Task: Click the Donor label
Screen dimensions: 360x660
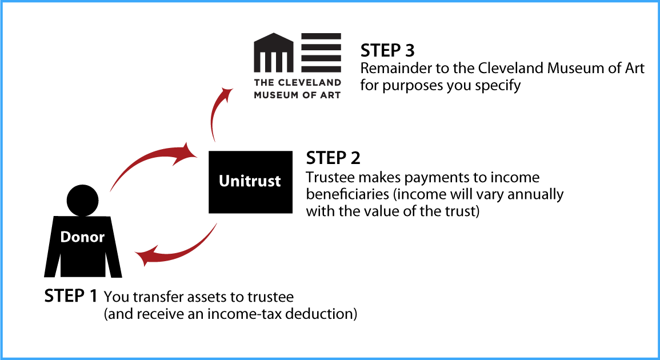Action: [82, 237]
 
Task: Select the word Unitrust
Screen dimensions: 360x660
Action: [250, 181]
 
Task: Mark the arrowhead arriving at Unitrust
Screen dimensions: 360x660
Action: [187, 152]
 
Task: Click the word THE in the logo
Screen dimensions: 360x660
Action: [263, 83]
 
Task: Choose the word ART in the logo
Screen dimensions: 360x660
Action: [331, 95]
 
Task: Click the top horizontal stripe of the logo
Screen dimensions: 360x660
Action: [321, 37]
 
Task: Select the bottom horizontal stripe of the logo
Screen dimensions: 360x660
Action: [321, 69]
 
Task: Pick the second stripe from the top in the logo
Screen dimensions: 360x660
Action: [321, 47]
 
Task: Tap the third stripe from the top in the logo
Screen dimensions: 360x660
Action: [321, 58]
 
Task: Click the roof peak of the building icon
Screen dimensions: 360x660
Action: [274, 34]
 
